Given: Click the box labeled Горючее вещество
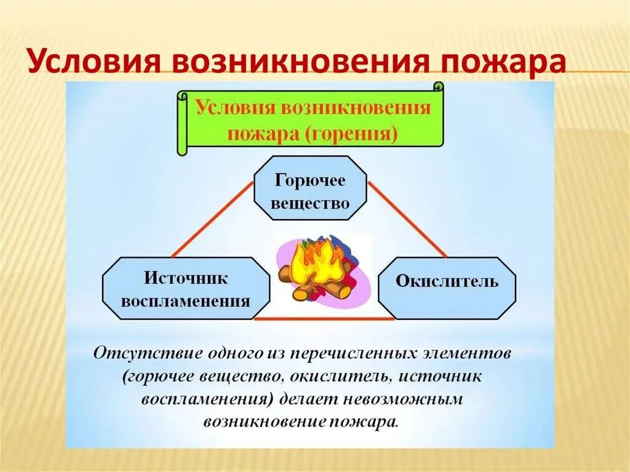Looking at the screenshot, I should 310,188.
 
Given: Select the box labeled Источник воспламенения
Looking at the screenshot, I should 186,288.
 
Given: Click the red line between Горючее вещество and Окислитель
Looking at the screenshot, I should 408,219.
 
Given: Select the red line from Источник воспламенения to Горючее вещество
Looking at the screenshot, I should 212,220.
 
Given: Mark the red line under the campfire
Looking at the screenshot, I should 324,319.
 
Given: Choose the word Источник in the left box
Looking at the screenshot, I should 186,278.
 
